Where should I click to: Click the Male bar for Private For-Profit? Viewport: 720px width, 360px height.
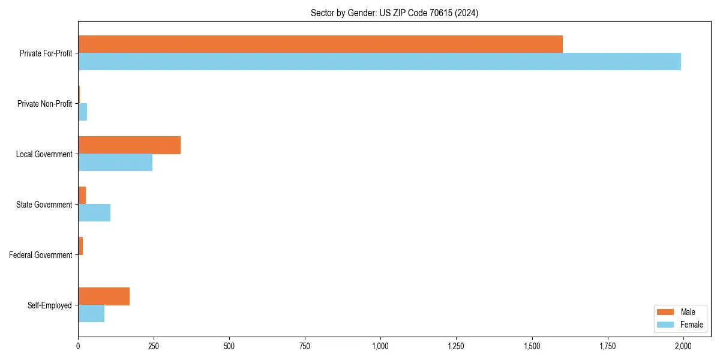[320, 44]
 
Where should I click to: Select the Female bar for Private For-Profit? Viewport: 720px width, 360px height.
[379, 62]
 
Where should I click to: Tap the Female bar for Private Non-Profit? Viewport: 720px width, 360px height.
[83, 112]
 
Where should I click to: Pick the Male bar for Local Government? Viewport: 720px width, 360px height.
[129, 145]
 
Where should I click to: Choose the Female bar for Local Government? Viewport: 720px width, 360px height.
[115, 163]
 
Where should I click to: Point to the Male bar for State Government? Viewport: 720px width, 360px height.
[82, 196]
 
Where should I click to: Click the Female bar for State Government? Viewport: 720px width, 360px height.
[94, 213]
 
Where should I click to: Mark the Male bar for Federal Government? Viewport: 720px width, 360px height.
[80, 246]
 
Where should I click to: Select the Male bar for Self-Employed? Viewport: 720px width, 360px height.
[104, 296]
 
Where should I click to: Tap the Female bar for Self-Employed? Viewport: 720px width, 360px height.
[91, 314]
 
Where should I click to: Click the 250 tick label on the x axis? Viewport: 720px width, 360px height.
[154, 346]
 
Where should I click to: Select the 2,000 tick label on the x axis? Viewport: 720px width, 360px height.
[683, 346]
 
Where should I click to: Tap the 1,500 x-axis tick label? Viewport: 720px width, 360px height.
[532, 346]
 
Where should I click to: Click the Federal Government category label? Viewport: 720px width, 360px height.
[41, 255]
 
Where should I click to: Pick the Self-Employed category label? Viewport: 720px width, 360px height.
[50, 305]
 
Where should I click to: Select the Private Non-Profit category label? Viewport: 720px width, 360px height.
[44, 104]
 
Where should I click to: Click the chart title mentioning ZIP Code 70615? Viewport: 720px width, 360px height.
[394, 13]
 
